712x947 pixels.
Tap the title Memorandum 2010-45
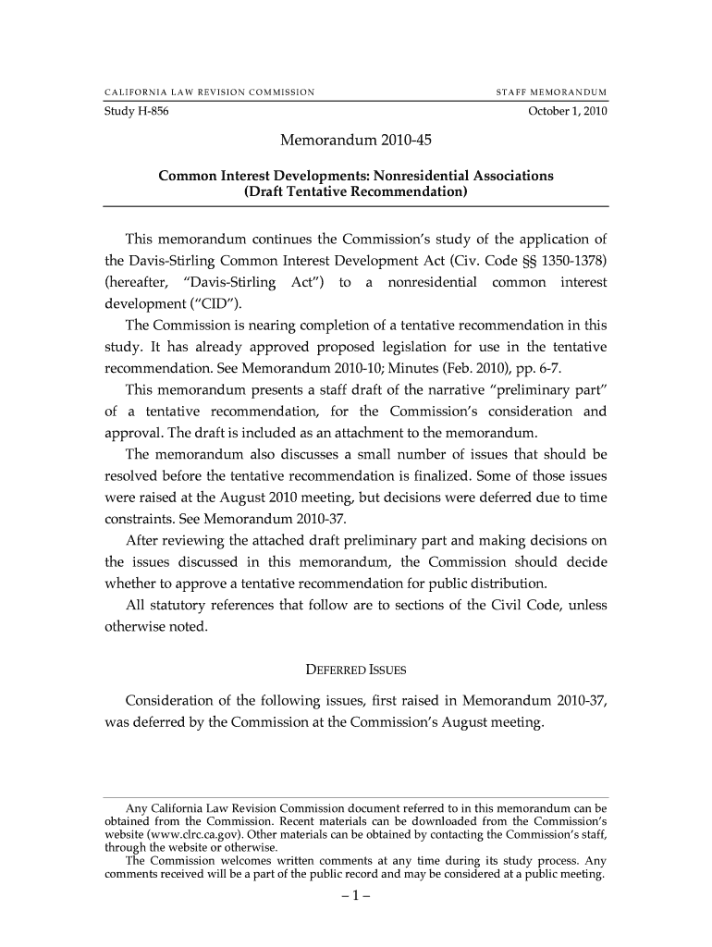point(356,142)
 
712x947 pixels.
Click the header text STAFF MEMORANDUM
point(552,92)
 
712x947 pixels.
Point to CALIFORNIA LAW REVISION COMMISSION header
point(210,92)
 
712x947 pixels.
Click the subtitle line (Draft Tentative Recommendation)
point(356,194)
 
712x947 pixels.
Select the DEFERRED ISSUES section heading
point(356,670)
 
